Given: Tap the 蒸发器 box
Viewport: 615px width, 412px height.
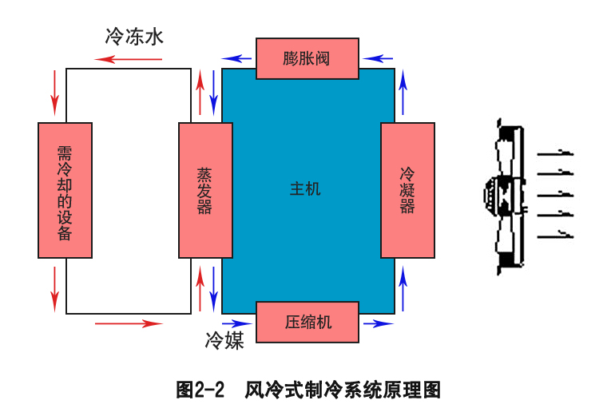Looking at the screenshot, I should point(205,190).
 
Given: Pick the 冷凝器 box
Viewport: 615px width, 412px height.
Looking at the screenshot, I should point(407,190).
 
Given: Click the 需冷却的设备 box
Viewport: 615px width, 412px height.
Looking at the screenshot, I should point(65,190).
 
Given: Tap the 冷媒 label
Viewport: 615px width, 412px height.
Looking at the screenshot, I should point(224,341).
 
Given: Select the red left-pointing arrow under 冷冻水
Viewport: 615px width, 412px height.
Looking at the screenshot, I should point(128,58).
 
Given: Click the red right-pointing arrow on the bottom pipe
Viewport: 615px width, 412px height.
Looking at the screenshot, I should point(128,323).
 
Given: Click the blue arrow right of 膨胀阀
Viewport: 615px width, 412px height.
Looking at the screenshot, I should point(378,58).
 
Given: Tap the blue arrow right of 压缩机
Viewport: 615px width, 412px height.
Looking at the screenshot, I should point(378,323).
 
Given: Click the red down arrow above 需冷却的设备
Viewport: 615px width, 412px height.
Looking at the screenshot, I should point(54,92).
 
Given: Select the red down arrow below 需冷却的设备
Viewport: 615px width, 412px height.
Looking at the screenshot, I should point(54,288).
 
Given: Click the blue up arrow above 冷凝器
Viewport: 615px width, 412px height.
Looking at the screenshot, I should point(403,92).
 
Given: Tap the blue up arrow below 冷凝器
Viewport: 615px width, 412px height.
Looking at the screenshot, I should point(403,288).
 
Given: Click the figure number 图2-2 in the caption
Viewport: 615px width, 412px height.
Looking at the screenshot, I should point(198,390).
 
